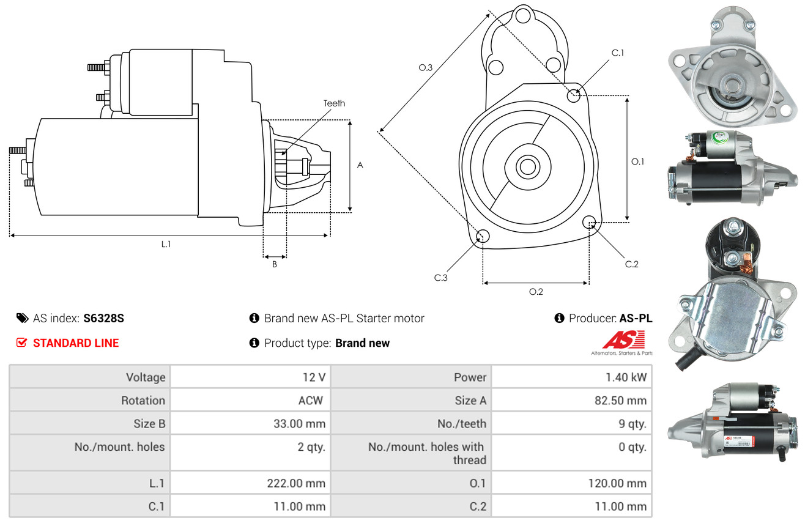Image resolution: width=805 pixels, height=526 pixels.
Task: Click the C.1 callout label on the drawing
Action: coord(618,53)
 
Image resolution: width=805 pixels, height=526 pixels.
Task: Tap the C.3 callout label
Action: coord(440,278)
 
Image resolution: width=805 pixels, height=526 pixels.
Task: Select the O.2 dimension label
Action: coord(536,292)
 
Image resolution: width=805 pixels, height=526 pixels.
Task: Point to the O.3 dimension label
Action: coord(426,67)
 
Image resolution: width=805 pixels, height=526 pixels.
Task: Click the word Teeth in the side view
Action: coord(334,103)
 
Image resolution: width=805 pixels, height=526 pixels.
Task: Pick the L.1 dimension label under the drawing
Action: coord(166,244)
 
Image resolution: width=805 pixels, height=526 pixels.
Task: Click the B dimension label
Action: coord(275,264)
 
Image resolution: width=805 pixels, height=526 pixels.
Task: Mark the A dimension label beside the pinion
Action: coord(360,165)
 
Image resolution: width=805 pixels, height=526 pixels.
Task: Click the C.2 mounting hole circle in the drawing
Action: coord(589,222)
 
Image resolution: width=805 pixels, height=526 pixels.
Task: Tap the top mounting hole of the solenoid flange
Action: coord(523,16)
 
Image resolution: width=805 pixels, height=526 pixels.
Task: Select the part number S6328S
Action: coord(103,318)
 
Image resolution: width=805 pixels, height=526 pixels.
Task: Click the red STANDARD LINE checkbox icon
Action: coord(21,343)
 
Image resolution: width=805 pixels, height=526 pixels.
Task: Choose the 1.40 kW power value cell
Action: coord(571,377)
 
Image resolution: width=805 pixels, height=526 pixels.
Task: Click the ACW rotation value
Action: coord(311,400)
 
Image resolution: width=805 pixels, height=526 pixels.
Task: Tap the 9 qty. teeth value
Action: coord(632,424)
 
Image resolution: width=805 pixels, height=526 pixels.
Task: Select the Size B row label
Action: coord(149,424)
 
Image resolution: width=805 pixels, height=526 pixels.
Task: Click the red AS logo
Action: coord(623,340)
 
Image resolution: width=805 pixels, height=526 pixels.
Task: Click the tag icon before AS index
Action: coord(22,318)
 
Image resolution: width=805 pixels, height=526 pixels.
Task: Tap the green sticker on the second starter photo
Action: coord(719,137)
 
